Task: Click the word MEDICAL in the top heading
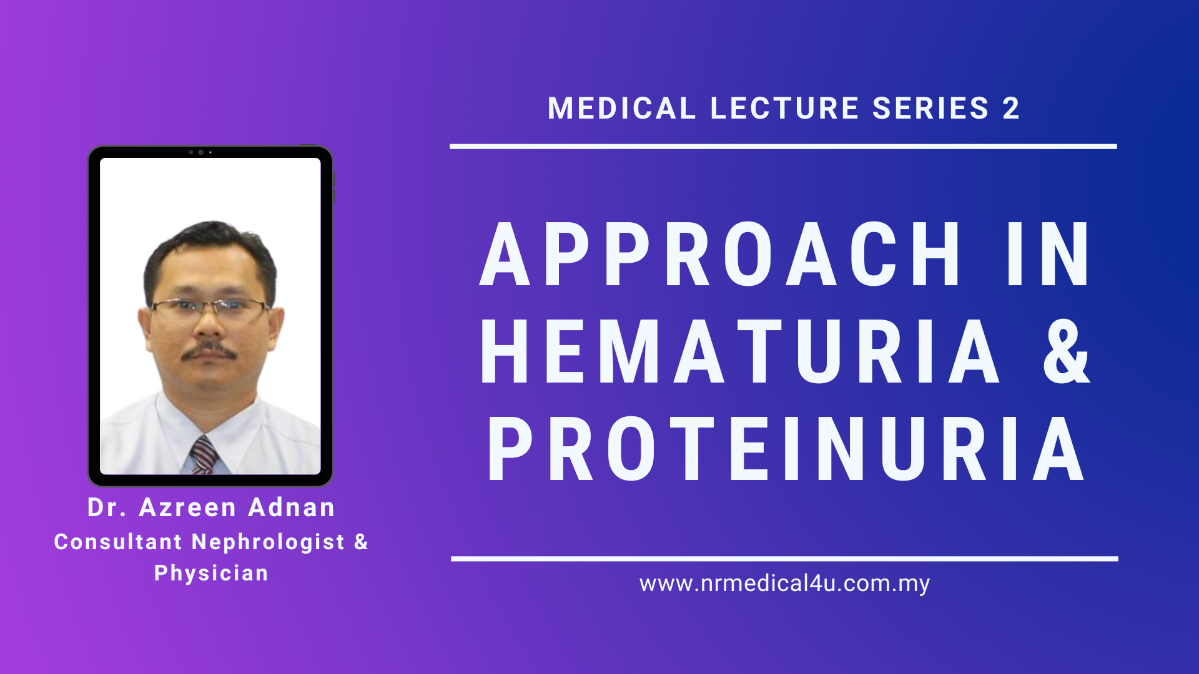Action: point(621,109)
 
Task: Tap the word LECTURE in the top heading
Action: point(784,109)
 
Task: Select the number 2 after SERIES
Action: point(1011,109)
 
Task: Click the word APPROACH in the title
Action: point(720,255)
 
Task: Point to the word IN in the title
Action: point(1049,255)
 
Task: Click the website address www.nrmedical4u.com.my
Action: point(785,584)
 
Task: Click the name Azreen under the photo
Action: point(188,507)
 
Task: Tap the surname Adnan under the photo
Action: point(292,507)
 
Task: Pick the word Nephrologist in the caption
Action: point(269,542)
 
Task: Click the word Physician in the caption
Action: point(211,574)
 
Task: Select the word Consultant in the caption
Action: point(118,542)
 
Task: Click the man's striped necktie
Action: point(204,456)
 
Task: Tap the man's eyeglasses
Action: point(210,307)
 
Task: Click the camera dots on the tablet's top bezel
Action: point(200,152)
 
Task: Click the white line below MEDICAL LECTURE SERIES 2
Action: point(783,147)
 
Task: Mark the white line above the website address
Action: point(784,559)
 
